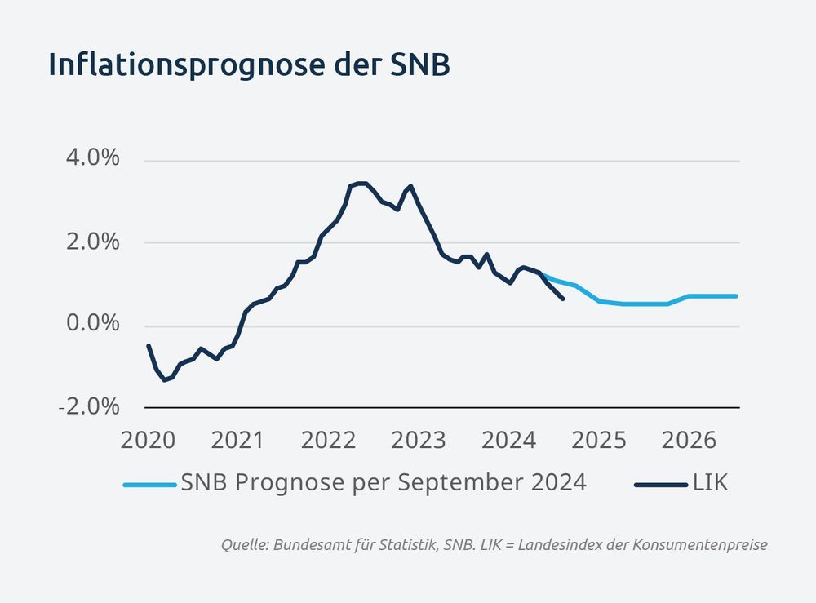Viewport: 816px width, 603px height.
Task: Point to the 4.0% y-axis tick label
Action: coord(91,158)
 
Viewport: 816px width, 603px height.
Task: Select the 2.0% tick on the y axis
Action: coord(91,242)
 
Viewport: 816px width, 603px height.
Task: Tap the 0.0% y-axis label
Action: coord(91,324)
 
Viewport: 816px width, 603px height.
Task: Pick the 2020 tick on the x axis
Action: coord(148,441)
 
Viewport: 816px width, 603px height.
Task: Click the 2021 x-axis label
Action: coord(237,441)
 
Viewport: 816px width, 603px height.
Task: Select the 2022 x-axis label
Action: coord(328,441)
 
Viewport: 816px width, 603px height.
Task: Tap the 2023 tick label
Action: coord(418,441)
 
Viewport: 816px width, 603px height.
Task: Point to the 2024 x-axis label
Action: coord(508,441)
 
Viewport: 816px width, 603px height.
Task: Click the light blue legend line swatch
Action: coord(149,485)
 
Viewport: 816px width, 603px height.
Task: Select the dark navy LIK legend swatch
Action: coord(660,485)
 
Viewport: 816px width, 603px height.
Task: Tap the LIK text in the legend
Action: coord(711,483)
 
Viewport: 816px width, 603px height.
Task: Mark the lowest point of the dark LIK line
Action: coord(164,380)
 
